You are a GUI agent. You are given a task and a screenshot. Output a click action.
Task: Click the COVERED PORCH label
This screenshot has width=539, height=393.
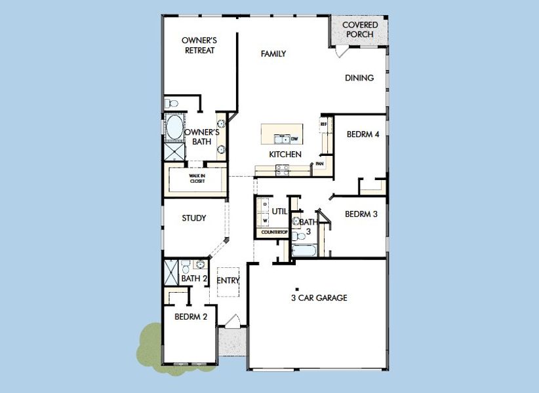[359, 29]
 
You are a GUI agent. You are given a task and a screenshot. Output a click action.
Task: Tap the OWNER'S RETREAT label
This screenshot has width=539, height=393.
[199, 45]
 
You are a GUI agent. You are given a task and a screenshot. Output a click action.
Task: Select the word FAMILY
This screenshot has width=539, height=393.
[273, 54]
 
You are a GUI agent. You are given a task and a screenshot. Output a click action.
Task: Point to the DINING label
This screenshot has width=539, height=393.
[359, 78]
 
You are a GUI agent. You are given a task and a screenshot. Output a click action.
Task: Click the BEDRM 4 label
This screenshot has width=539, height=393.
[363, 135]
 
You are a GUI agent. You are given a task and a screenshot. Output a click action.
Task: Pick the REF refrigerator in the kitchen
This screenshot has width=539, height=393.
[323, 124]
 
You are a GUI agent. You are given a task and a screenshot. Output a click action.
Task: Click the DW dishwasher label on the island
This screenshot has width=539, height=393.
[294, 139]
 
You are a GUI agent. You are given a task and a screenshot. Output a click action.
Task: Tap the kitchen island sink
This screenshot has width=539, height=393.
[283, 139]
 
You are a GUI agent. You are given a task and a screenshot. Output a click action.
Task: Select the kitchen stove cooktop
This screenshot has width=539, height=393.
[281, 169]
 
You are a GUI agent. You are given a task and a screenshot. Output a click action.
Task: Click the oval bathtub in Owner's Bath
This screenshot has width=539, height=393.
[174, 128]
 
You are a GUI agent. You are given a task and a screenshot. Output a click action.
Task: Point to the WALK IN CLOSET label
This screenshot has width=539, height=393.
[197, 178]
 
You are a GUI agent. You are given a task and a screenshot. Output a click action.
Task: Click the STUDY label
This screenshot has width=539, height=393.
[194, 218]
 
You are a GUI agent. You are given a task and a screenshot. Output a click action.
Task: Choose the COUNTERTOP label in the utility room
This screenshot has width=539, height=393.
[275, 233]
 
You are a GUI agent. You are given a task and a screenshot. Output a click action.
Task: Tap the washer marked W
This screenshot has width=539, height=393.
[264, 221]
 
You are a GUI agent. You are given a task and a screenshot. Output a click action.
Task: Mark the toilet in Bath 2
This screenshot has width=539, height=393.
[186, 267]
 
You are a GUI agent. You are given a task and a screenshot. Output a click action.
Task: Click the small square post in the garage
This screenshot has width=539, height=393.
[296, 289]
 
